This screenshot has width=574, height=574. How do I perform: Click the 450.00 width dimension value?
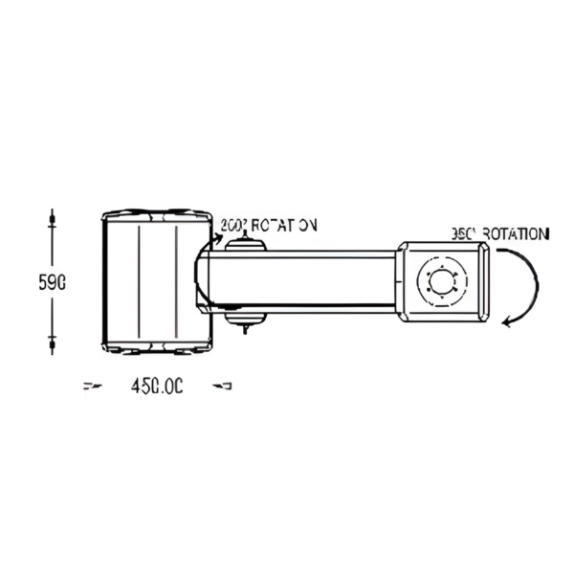click(x=156, y=386)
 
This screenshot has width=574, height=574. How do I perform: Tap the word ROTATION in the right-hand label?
click(x=516, y=233)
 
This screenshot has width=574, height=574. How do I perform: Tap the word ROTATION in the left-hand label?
click(x=283, y=226)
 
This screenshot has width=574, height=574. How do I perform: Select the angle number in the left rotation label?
click(x=232, y=226)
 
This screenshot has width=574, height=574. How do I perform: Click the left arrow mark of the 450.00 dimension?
click(x=92, y=386)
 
